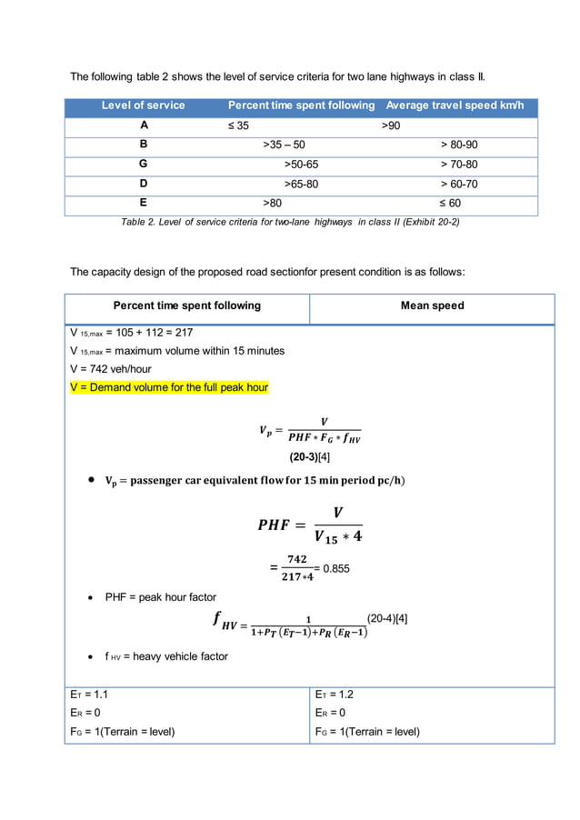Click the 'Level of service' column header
point(143,105)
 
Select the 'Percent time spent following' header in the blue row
point(301,105)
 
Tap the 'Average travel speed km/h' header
point(455,105)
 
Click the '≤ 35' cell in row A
point(238,125)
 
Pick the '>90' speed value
point(390,125)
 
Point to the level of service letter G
point(143,165)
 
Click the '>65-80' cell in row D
point(302,185)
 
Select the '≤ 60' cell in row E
point(451,204)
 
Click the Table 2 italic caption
point(290,222)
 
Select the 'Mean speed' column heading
point(432,305)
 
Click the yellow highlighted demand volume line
point(169,387)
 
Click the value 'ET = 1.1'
point(90,694)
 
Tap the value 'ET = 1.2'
point(335,694)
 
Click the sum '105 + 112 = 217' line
point(131,332)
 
